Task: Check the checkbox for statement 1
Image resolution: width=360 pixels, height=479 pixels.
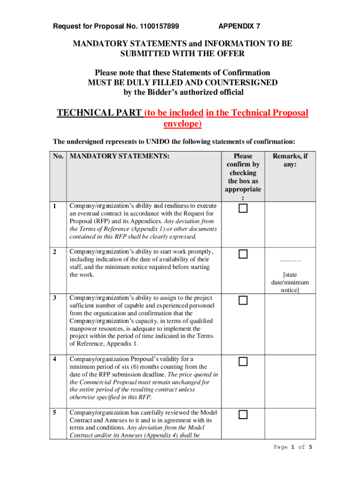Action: pyautogui.click(x=243, y=209)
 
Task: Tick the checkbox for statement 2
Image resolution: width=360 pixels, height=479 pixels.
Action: pyautogui.click(x=243, y=254)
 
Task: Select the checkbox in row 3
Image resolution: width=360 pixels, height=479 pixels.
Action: pyautogui.click(x=243, y=300)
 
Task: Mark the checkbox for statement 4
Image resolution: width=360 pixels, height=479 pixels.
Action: pyautogui.click(x=243, y=361)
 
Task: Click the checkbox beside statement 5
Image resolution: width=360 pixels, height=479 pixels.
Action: pyautogui.click(x=243, y=415)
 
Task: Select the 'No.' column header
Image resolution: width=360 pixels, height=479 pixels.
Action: pyautogui.click(x=58, y=156)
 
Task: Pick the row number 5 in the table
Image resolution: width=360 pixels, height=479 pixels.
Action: pyautogui.click(x=55, y=413)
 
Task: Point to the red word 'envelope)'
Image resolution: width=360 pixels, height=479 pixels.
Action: pyautogui.click(x=182, y=124)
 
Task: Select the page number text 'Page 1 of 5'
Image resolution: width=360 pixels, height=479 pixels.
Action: pyautogui.click(x=293, y=447)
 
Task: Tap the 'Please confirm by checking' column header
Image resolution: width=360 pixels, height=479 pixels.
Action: pyautogui.click(x=243, y=168)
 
